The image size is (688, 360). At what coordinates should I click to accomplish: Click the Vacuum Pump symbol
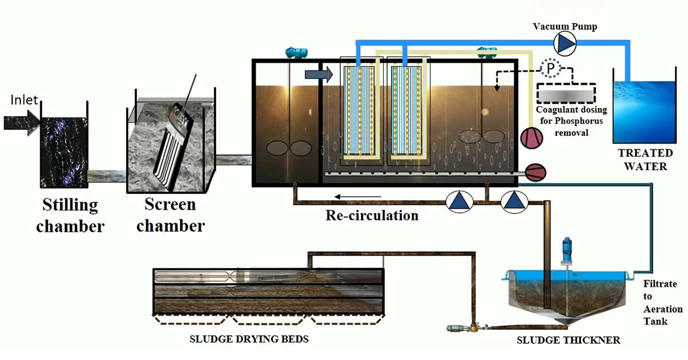click(x=565, y=44)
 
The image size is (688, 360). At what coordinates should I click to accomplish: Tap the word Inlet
click(x=24, y=100)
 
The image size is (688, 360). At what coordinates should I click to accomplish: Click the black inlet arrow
click(x=22, y=123)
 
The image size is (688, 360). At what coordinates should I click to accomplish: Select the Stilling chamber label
click(x=71, y=216)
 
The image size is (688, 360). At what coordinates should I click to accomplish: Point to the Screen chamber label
click(x=170, y=215)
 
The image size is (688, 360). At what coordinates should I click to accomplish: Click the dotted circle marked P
click(x=551, y=68)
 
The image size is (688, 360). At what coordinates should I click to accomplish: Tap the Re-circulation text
click(x=372, y=216)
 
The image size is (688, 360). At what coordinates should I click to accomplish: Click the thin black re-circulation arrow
click(x=358, y=197)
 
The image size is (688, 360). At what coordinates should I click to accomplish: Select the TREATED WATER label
click(x=646, y=160)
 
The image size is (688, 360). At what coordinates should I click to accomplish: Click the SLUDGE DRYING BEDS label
click(x=249, y=339)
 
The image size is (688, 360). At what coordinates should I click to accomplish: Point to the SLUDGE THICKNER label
click(x=569, y=341)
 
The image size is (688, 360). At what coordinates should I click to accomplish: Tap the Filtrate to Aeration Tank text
click(x=663, y=303)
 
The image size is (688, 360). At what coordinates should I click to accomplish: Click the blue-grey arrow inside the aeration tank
click(x=319, y=75)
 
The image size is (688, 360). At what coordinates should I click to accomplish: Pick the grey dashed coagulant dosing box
click(x=566, y=93)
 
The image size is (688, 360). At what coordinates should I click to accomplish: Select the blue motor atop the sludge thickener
click(x=566, y=252)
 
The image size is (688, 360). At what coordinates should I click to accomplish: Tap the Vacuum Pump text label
click(x=565, y=26)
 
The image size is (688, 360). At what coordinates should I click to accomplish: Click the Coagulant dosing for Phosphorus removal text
click(x=571, y=121)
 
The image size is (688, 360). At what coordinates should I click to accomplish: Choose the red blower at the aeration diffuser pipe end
click(x=535, y=173)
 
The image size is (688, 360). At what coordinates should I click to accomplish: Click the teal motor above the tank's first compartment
click(x=296, y=53)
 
